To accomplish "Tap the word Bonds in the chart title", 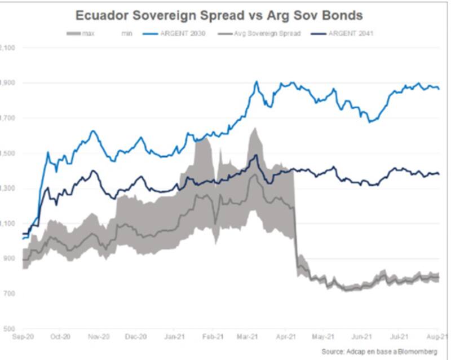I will (x=341, y=14).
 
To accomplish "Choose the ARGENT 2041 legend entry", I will (x=350, y=34).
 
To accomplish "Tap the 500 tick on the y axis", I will (x=8, y=328).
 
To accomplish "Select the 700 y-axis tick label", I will (x=8, y=293).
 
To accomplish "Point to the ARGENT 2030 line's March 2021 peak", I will (x=257, y=81).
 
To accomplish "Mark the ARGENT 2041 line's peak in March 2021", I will (x=256, y=155).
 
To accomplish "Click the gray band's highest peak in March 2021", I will (x=254, y=128).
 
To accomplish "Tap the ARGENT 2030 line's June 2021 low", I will (x=370, y=121).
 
